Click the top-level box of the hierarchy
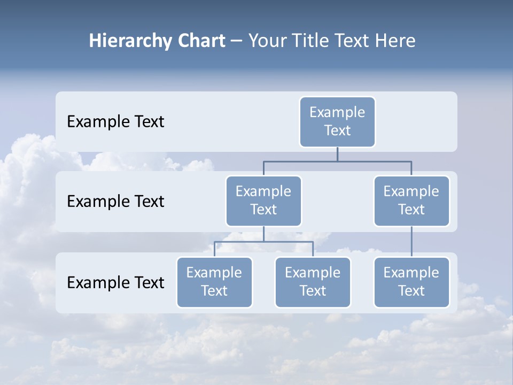click(x=337, y=121)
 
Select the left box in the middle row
click(x=263, y=201)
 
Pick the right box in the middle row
click(x=411, y=201)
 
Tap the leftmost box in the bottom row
click(x=214, y=282)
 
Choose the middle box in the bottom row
click(x=313, y=282)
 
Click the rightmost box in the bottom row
click(x=411, y=282)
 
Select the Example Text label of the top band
click(x=115, y=122)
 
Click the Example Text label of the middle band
click(x=115, y=202)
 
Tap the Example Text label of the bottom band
click(x=115, y=282)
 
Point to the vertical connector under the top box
click(x=337, y=154)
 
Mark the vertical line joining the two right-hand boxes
click(x=411, y=242)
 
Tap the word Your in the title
click(x=268, y=41)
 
